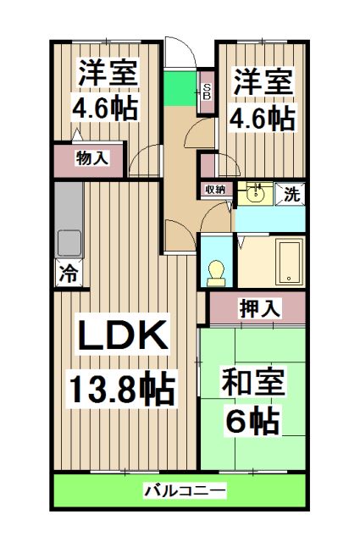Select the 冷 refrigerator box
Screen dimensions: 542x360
pyautogui.click(x=69, y=273)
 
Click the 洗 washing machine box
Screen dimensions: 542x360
pyautogui.click(x=291, y=193)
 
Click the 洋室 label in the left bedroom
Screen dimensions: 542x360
pyautogui.click(x=108, y=71)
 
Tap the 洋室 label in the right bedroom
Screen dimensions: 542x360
pyautogui.click(x=263, y=81)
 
